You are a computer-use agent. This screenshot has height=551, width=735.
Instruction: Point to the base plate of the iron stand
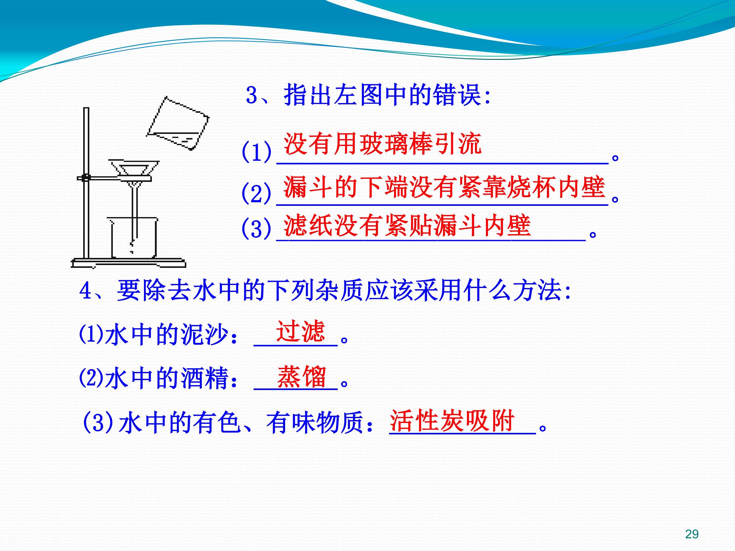(129, 263)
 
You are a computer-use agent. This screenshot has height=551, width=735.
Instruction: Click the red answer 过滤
(300, 331)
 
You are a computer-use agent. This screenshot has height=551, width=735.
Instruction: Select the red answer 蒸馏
(301, 377)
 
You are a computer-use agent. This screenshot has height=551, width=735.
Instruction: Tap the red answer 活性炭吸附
(452, 420)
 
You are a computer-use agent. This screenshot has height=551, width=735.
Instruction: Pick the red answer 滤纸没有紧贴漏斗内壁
(407, 225)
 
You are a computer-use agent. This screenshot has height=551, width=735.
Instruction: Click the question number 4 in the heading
(85, 290)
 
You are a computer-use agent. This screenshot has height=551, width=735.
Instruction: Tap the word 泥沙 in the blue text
(205, 334)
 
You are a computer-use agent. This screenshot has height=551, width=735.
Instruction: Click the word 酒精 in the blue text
(205, 378)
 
